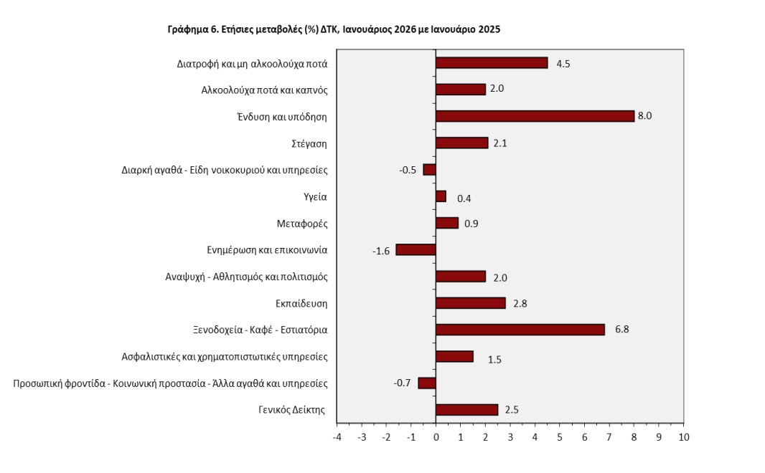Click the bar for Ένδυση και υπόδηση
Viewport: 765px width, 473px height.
(x=535, y=116)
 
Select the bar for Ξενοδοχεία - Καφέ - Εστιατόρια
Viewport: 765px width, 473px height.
(x=520, y=330)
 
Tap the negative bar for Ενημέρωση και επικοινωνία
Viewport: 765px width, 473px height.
(x=416, y=249)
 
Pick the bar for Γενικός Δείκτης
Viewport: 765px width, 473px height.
(x=466, y=410)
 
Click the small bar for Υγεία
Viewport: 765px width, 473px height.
(x=441, y=196)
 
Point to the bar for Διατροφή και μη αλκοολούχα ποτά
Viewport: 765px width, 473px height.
(x=492, y=63)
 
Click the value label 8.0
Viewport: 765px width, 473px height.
(x=644, y=116)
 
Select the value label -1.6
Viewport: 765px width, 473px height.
(x=381, y=251)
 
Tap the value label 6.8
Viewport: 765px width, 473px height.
(x=621, y=330)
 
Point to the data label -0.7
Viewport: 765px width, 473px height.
(x=402, y=383)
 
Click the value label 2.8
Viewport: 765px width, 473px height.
(x=520, y=304)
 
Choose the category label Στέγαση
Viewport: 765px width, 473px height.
(x=311, y=143)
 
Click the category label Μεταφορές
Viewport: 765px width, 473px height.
(x=302, y=224)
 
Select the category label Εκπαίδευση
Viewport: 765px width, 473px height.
(x=301, y=303)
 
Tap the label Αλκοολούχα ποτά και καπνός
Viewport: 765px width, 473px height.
(x=264, y=90)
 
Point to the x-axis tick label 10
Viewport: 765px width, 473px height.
(x=683, y=436)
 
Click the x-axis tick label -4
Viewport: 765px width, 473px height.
(x=337, y=436)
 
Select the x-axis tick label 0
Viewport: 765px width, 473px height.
(x=436, y=436)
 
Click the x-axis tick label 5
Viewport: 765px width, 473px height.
(x=560, y=436)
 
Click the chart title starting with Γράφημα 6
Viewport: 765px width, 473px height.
(x=334, y=29)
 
